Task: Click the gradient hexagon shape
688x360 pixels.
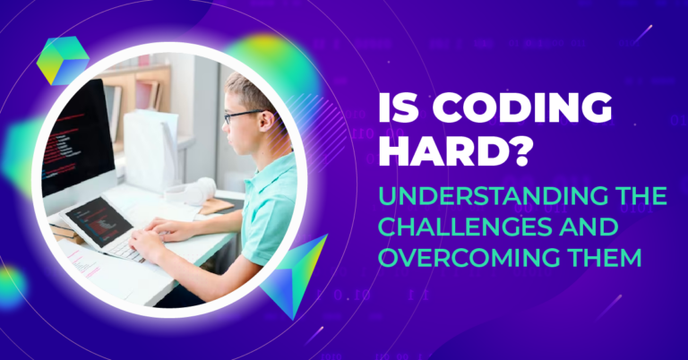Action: (x=63, y=61)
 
